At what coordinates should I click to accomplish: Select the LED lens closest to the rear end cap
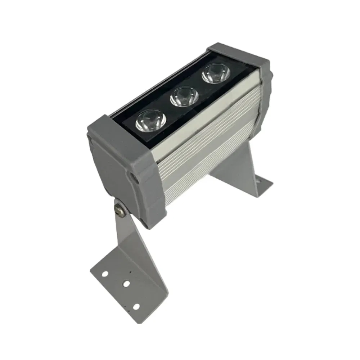(216, 74)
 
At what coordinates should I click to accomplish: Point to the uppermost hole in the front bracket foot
(105, 274)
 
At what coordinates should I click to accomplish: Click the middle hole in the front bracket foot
(126, 284)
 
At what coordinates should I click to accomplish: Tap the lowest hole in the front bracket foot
(136, 306)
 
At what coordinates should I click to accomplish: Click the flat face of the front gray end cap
(112, 169)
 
